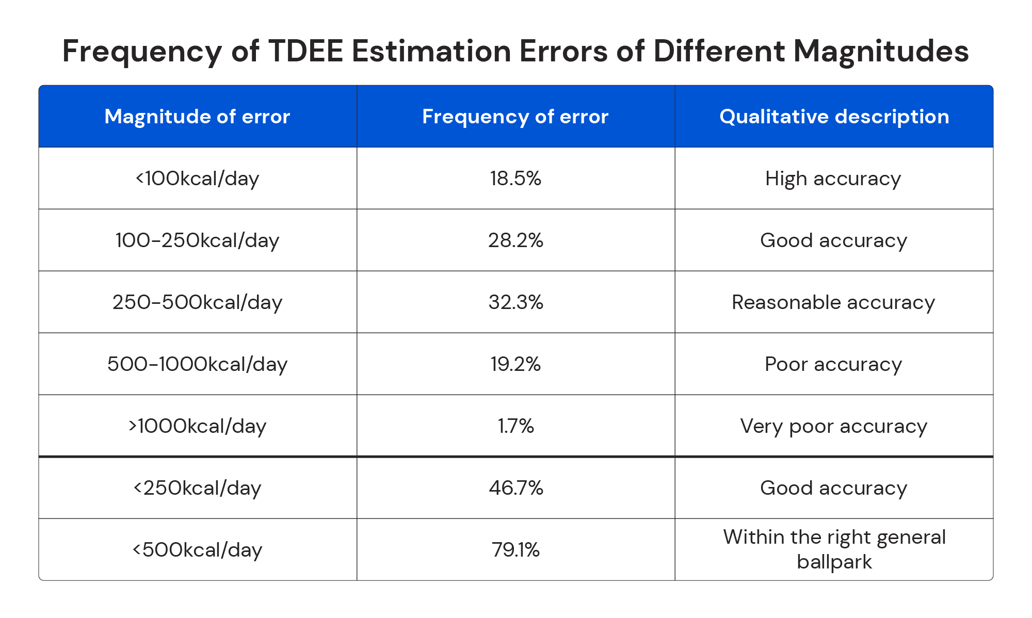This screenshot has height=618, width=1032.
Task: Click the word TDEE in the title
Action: [305, 51]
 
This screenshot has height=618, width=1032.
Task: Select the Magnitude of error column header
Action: [197, 117]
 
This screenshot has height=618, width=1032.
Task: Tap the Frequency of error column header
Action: [515, 117]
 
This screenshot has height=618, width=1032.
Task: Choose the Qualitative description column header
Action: [834, 117]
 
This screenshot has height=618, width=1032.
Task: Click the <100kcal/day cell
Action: [197, 178]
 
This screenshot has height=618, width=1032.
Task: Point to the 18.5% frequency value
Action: [515, 178]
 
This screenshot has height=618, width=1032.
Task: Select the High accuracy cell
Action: [833, 178]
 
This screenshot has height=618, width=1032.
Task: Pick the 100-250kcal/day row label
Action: [197, 240]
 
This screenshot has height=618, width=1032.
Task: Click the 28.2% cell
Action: [515, 240]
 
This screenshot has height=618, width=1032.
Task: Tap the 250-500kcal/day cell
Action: [197, 302]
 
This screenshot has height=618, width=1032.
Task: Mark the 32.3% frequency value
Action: [515, 302]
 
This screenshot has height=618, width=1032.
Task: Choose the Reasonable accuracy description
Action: [833, 302]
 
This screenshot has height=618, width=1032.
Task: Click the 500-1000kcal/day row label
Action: [197, 364]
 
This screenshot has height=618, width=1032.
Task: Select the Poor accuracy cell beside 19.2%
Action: [833, 364]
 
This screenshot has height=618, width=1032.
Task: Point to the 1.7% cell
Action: [515, 426]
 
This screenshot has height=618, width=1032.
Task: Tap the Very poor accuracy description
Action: [833, 426]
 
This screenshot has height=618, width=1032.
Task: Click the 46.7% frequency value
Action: [515, 488]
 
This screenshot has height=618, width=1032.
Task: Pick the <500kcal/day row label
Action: [197, 550]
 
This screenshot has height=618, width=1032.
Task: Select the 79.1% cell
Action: [515, 550]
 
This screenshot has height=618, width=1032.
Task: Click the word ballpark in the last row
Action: [834, 562]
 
